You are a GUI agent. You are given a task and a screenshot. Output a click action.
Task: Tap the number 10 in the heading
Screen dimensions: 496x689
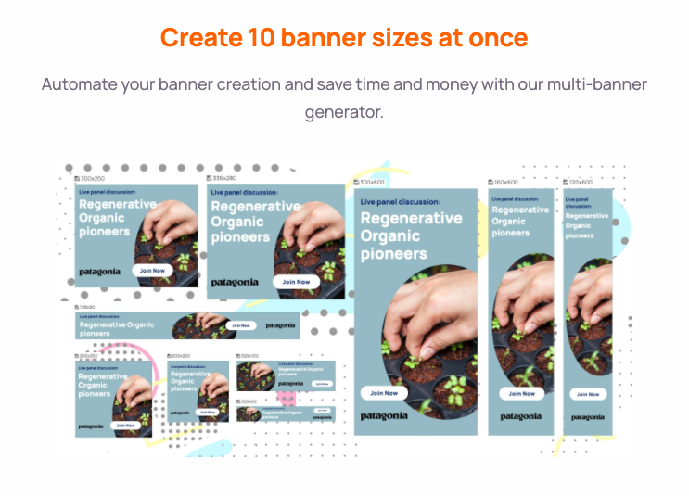262,38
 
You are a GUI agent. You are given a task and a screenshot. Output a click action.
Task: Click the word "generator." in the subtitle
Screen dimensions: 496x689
344,112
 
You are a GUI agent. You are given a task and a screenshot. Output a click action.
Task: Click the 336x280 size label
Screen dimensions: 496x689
223,178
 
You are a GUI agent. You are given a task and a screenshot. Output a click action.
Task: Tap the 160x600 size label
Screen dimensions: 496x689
505,182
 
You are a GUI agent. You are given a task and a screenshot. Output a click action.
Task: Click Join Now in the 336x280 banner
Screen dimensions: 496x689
296,282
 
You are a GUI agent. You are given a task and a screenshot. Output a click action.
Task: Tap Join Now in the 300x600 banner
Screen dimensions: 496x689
384,393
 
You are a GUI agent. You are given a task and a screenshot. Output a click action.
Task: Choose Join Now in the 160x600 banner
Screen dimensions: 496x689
521,393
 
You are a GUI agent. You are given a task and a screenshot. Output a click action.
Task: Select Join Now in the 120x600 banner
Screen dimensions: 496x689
588,394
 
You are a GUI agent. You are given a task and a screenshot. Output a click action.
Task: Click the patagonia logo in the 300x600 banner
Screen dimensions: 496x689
384,416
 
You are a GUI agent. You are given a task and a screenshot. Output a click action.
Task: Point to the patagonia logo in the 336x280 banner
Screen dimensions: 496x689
236,282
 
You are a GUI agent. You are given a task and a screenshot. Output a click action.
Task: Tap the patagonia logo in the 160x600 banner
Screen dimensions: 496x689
521,417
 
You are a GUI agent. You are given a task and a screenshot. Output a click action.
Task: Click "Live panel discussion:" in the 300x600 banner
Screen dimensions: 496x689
401,201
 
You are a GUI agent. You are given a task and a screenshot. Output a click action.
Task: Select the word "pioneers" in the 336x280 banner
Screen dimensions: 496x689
239,237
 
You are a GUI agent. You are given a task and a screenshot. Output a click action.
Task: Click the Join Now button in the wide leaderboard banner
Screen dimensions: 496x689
241,325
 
